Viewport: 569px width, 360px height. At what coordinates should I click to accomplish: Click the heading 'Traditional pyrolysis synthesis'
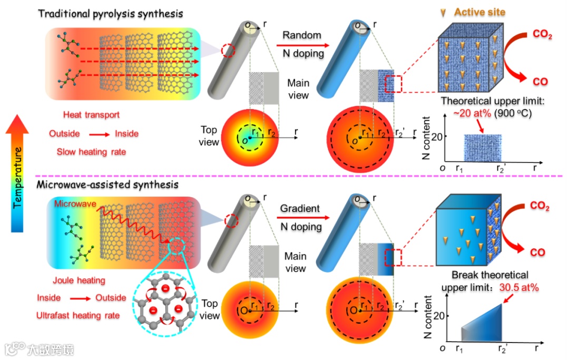tap(111, 14)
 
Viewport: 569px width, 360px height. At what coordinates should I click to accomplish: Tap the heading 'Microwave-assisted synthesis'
tap(107, 185)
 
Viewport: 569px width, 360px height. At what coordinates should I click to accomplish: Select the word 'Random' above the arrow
tap(302, 35)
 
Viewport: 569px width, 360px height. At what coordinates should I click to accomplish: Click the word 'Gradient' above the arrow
tap(300, 208)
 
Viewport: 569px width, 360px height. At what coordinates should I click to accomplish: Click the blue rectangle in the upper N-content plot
tap(482, 148)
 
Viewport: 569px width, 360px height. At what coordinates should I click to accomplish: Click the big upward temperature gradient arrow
tap(19, 174)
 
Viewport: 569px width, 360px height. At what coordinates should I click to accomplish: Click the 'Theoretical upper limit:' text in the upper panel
tap(484, 101)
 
